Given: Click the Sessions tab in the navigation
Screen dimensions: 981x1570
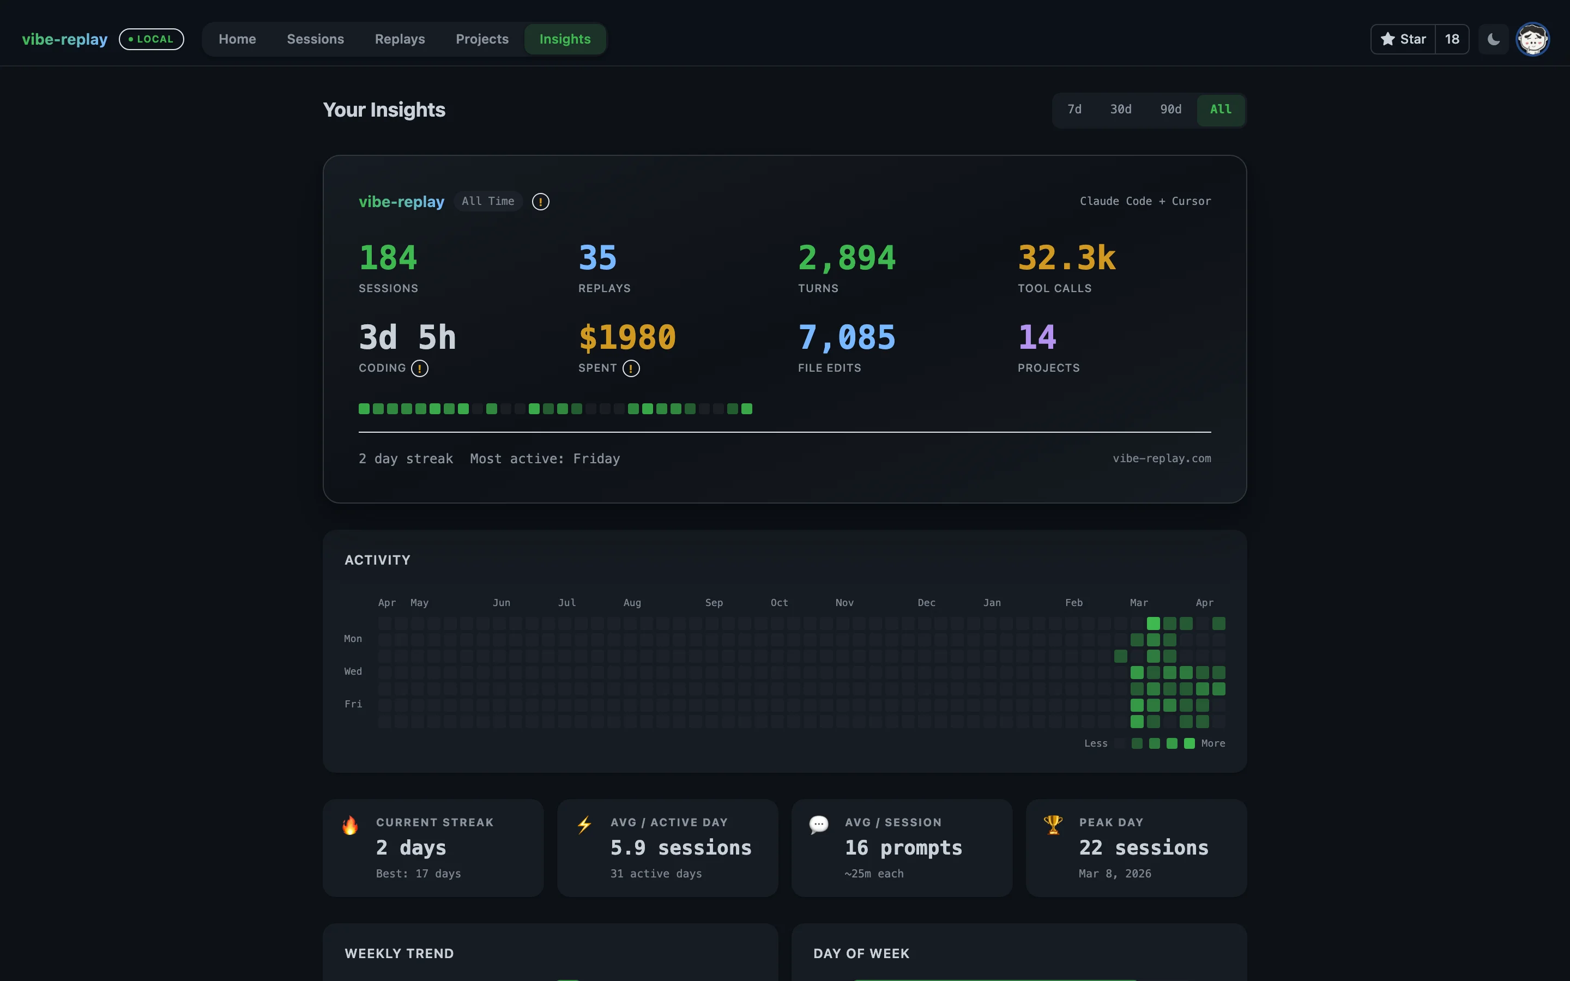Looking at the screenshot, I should pyautogui.click(x=315, y=39).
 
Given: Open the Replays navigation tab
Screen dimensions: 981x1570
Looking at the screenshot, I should pyautogui.click(x=400, y=39).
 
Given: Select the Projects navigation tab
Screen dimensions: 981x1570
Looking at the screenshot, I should pyautogui.click(x=482, y=39).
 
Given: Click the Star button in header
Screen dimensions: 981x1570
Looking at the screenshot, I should pyautogui.click(x=1403, y=39).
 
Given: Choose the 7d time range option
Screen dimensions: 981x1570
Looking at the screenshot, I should pyautogui.click(x=1074, y=110).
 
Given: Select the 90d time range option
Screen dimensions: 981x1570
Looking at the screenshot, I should pyautogui.click(x=1170, y=110).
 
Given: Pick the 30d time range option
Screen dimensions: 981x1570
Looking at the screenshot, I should pyautogui.click(x=1120, y=110).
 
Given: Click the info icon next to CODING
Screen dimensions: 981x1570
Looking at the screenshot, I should pyautogui.click(x=420, y=368).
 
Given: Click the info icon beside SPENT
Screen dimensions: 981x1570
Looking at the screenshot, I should pyautogui.click(x=631, y=368).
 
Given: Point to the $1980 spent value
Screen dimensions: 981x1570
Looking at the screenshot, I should pyautogui.click(x=627, y=337).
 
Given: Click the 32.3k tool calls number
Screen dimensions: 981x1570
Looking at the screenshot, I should pyautogui.click(x=1066, y=258).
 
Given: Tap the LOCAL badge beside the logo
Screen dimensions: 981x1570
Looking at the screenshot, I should pyautogui.click(x=151, y=39).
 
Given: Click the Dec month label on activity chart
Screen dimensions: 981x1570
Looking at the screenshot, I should pyautogui.click(x=926, y=603).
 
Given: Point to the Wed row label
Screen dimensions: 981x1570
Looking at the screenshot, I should pyautogui.click(x=353, y=671).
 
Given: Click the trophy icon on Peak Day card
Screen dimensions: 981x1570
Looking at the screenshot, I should pyautogui.click(x=1052, y=825).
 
